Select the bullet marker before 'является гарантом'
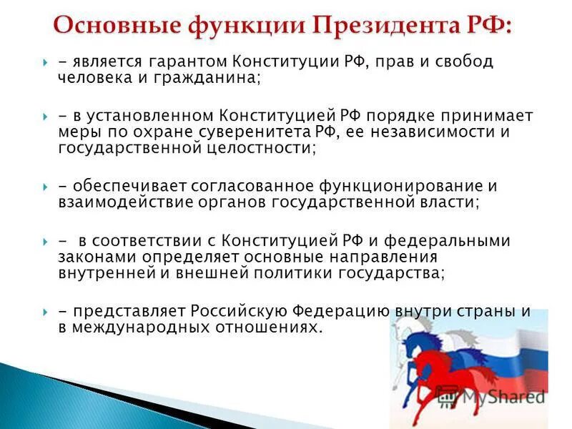(x=44, y=63)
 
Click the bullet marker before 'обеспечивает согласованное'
(x=44, y=186)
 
